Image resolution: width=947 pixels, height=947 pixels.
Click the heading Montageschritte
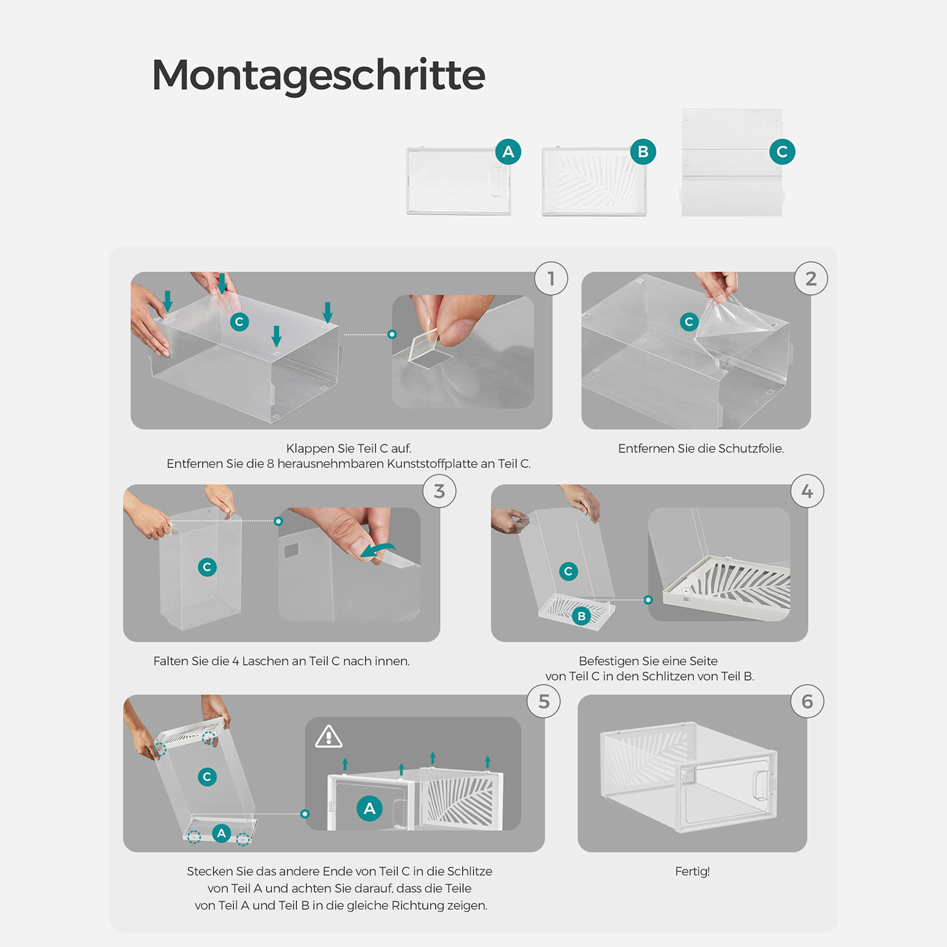318,75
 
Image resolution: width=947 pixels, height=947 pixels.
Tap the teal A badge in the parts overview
508,152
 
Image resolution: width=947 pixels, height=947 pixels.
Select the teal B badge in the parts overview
643,152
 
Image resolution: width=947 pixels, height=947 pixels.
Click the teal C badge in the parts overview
782,152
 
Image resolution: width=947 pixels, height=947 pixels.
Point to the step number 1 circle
551,278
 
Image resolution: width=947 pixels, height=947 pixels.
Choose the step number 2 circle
811,278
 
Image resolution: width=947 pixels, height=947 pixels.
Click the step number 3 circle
439,491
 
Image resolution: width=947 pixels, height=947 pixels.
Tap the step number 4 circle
807,491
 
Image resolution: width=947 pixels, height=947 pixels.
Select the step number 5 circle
544,701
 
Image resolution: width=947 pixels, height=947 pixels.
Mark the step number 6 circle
807,701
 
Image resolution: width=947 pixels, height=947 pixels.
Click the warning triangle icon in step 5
329,737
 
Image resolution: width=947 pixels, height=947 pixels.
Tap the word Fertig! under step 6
693,871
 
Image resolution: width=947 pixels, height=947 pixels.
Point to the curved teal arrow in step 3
378,551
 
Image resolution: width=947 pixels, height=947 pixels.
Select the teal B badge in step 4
581,616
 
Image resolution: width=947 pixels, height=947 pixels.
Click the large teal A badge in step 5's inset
370,808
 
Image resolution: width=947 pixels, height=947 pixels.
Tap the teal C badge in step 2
689,322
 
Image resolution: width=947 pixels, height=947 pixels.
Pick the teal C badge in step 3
207,567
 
